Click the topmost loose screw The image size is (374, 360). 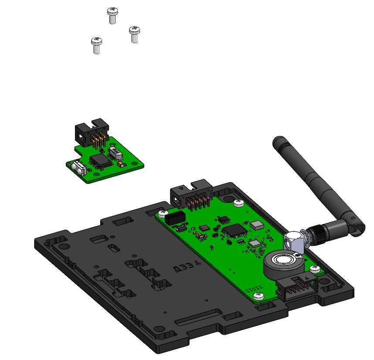112,15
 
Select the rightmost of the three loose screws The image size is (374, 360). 134,34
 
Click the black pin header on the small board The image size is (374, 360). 91,132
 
